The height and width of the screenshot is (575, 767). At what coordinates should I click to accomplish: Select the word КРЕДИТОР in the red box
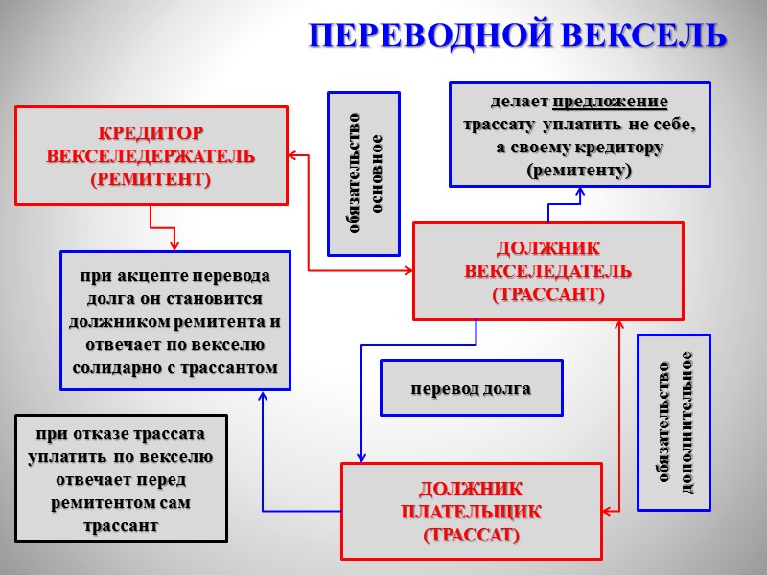[x=151, y=132]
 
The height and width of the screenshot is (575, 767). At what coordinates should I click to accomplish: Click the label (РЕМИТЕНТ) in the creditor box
[x=151, y=179]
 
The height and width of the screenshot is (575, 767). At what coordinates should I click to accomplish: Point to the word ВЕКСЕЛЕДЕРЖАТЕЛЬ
[x=151, y=155]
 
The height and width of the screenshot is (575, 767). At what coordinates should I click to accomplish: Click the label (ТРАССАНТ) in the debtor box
[x=548, y=294]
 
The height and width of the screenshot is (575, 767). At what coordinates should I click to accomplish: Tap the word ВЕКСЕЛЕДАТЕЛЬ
[x=548, y=271]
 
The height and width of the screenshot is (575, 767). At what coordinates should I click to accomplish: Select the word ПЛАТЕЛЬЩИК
[x=472, y=511]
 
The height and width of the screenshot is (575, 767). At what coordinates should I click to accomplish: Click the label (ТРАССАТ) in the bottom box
[x=472, y=534]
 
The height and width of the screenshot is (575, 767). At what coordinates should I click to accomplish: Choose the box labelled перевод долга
[x=471, y=389]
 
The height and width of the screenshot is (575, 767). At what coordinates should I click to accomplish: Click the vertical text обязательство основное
[x=364, y=174]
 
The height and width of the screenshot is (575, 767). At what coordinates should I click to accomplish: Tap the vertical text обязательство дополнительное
[x=674, y=422]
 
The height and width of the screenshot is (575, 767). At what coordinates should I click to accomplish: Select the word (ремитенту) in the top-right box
[x=580, y=171]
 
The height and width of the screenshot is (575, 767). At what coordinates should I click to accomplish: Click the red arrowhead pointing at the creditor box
[x=294, y=155]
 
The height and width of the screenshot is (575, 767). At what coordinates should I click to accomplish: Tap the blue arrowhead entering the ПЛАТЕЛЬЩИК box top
[x=361, y=457]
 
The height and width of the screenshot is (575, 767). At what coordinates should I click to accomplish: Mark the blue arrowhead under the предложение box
[x=580, y=192]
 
